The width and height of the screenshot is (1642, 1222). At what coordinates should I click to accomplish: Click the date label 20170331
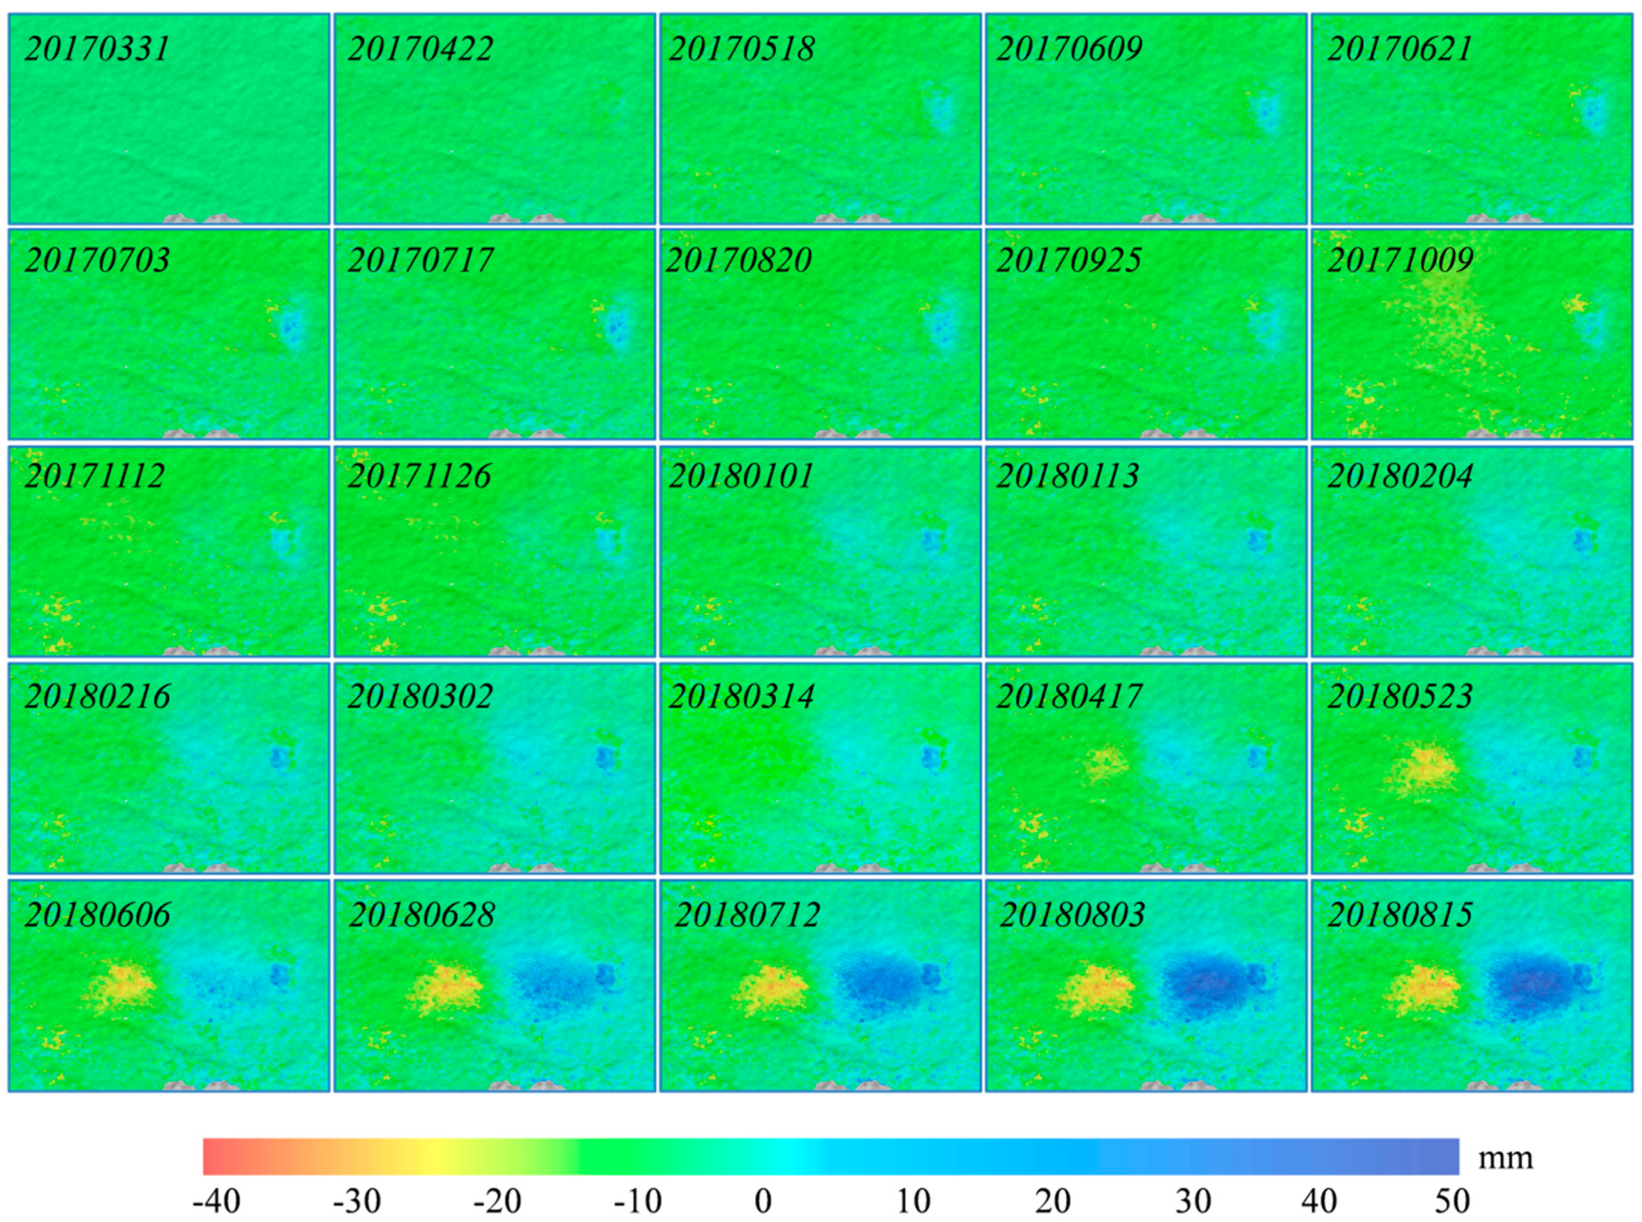(97, 49)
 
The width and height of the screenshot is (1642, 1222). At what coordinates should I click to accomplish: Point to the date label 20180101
(741, 476)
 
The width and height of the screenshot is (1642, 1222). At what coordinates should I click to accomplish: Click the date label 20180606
(97, 915)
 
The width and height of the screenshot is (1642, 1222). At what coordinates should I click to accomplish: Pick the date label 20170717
(419, 260)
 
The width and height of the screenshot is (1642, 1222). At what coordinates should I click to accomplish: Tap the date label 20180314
(741, 696)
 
